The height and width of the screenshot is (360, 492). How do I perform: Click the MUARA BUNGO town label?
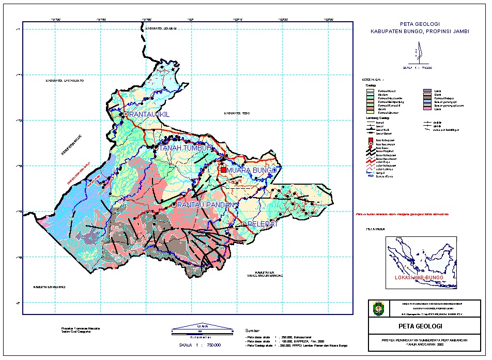click(x=253, y=170)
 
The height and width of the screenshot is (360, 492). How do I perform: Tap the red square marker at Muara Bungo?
click(x=223, y=170)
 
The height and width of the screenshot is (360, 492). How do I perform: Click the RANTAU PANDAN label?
click(x=206, y=205)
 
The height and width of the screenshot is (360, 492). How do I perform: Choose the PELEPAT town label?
click(x=263, y=224)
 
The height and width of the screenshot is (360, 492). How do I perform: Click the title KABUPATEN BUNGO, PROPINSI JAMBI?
click(x=420, y=32)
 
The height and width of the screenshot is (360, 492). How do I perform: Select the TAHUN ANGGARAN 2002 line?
click(x=419, y=343)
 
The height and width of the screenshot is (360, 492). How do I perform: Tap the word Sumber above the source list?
click(x=253, y=330)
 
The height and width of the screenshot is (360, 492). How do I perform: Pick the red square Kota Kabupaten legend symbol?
click(x=370, y=140)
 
